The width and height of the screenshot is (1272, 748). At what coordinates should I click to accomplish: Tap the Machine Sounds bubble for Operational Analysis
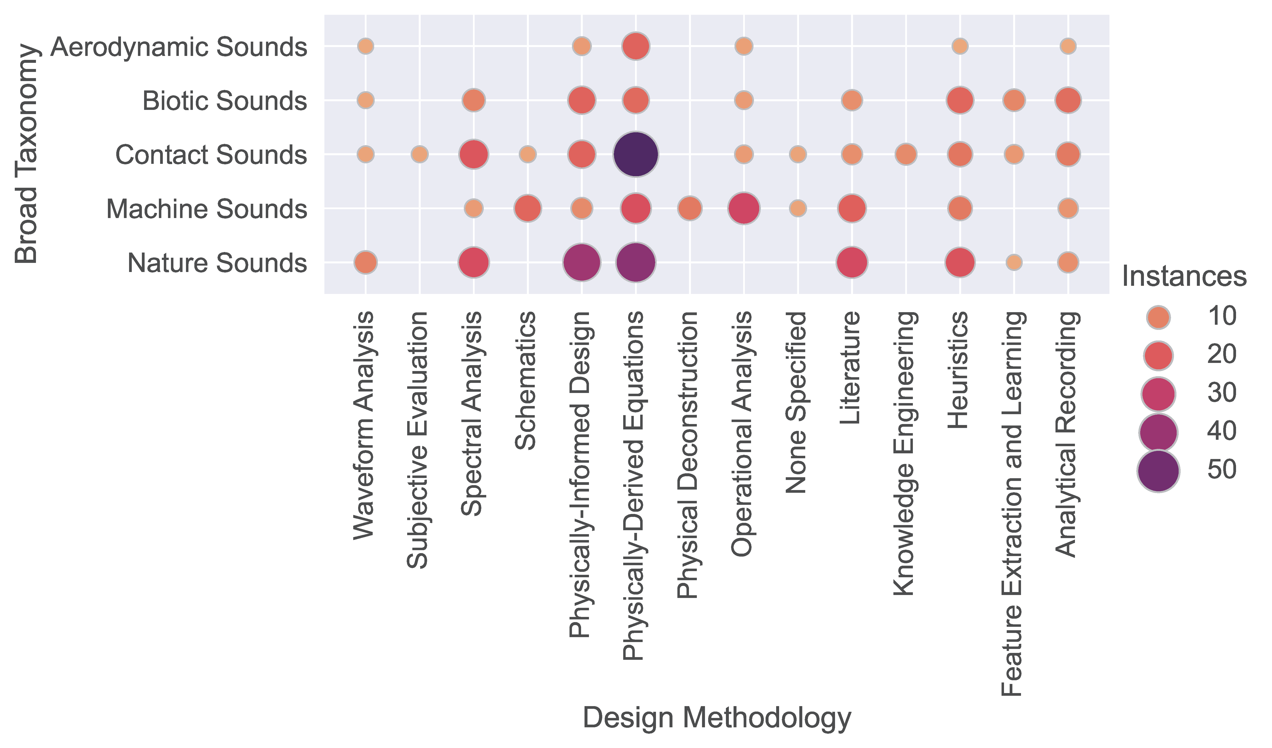[743, 208]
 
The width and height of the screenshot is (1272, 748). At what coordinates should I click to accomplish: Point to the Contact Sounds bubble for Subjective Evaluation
[419, 154]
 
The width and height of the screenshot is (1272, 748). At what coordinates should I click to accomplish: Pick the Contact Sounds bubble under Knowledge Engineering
[906, 154]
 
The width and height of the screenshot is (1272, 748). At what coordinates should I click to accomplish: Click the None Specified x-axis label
[797, 402]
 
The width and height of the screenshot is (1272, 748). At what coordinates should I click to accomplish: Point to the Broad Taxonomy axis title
[26, 154]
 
